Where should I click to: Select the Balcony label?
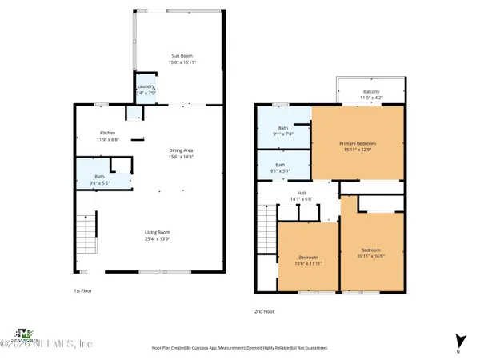371,91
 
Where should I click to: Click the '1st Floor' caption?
82,291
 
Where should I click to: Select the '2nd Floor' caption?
264,312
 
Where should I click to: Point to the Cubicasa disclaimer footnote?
239,347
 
